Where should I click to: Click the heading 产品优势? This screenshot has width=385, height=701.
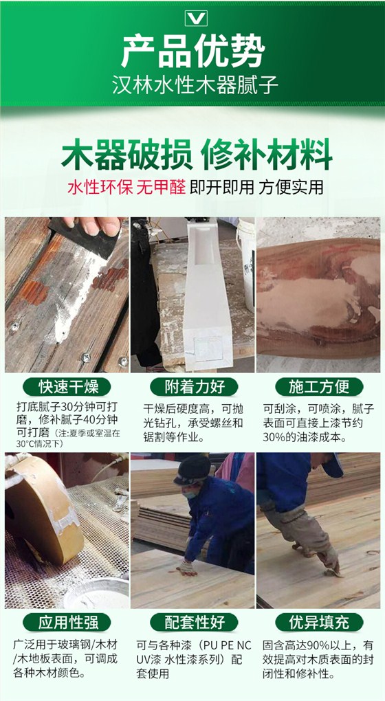click(193, 51)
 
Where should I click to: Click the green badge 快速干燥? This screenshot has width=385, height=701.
click(67, 386)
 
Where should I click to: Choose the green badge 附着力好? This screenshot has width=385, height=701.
click(194, 386)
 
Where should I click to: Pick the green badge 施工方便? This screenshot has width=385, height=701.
click(319, 386)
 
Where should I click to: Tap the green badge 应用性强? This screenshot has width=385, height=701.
click(67, 622)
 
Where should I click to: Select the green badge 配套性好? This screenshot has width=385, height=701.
click(194, 622)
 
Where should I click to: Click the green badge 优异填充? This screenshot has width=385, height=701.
click(319, 622)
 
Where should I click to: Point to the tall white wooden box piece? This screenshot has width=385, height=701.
click(206, 295)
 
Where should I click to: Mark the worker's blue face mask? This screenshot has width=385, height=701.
click(190, 493)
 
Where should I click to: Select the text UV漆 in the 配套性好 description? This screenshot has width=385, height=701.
click(148, 660)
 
